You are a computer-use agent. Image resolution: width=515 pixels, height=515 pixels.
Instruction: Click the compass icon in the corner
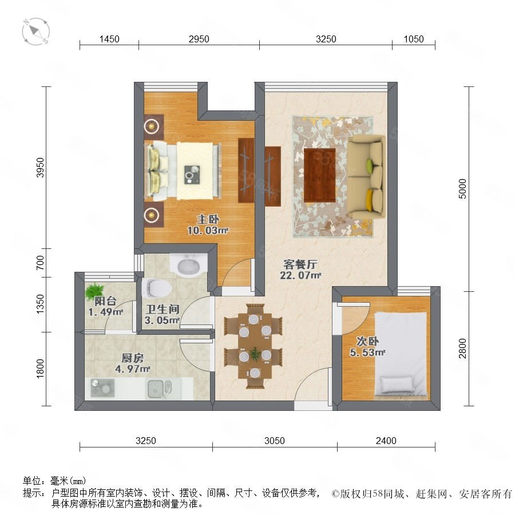36,31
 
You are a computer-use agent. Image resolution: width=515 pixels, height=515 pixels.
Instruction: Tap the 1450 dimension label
109,39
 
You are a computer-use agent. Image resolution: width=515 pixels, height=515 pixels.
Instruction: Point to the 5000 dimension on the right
462,188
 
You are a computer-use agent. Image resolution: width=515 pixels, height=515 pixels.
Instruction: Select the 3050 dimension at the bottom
274,441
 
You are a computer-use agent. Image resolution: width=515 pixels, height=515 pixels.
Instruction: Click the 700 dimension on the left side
39,263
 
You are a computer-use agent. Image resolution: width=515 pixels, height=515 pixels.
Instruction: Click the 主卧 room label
208,219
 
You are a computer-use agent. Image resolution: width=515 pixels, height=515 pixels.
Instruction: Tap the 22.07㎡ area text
300,275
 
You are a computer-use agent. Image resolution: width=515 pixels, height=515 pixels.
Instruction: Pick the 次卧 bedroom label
367,341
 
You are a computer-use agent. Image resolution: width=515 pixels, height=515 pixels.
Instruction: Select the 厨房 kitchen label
132,358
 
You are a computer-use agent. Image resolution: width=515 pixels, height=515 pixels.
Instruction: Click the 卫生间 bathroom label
163,309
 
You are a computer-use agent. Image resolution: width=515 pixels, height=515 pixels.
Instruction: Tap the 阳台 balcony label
105,301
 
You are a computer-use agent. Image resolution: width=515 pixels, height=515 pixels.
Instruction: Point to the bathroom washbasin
188,265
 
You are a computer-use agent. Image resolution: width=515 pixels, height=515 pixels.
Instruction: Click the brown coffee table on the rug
319,175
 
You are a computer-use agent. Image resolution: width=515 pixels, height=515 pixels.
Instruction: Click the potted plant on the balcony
94,291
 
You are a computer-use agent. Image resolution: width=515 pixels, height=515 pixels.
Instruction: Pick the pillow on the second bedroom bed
397,385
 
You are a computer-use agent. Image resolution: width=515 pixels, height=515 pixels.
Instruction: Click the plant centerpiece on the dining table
255,354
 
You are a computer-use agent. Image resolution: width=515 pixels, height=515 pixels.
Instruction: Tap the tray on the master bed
192,175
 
